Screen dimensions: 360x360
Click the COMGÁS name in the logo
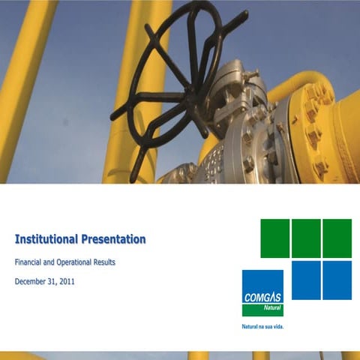click(x=262, y=297)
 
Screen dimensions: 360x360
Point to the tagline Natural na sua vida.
click(x=262, y=328)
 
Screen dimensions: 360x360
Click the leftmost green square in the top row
click(x=275, y=238)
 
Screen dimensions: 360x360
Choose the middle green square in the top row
click(x=306, y=238)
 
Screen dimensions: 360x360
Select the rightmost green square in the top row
click(x=337, y=238)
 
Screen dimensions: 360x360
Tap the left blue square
click(x=306, y=280)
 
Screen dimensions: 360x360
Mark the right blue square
click(x=337, y=280)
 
